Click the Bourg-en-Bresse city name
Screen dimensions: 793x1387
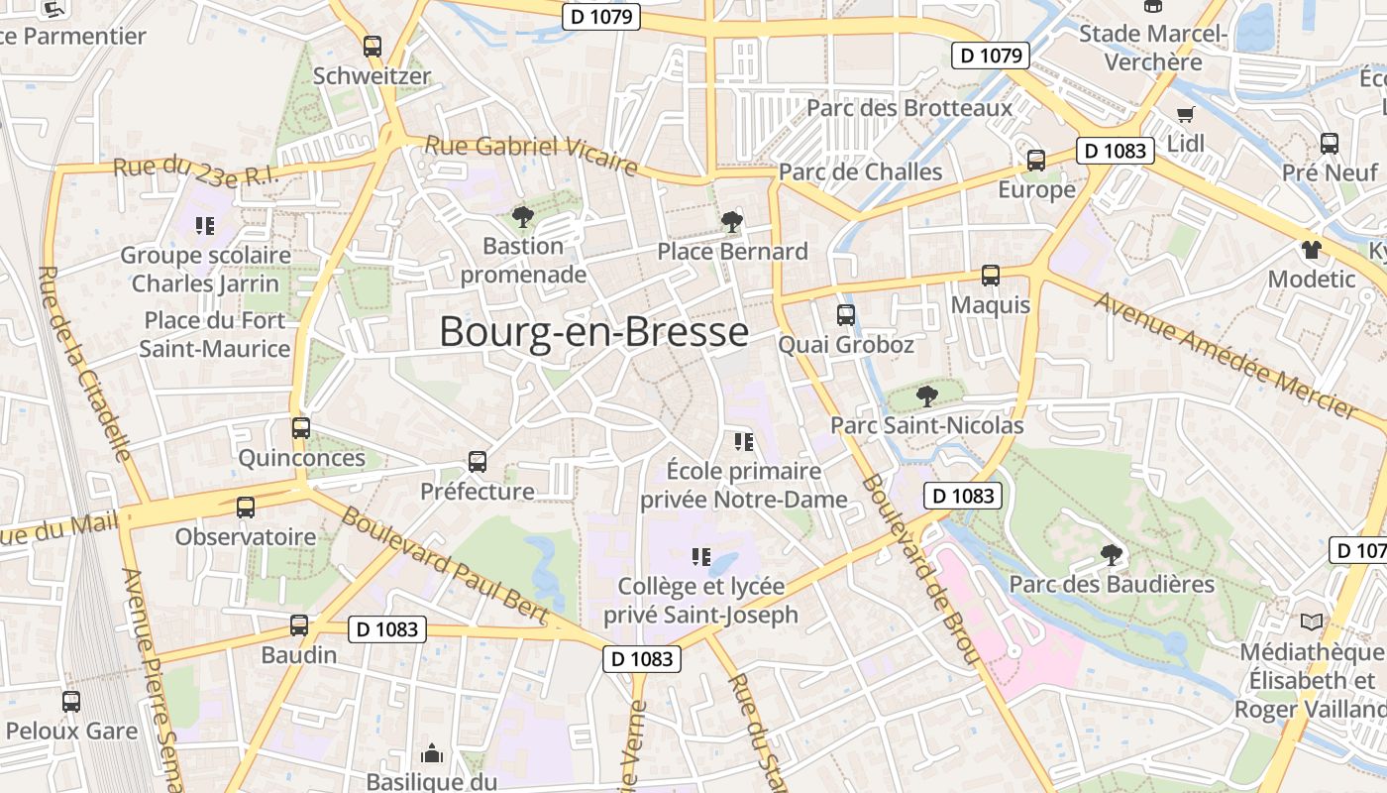click(x=593, y=331)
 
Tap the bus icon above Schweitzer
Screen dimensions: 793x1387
click(x=373, y=46)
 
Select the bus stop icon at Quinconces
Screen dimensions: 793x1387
click(x=301, y=428)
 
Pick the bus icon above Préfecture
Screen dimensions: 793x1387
click(x=478, y=462)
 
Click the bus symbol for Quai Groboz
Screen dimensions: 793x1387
click(x=846, y=315)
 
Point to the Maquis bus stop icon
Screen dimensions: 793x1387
click(x=991, y=276)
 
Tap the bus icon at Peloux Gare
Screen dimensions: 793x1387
click(x=71, y=702)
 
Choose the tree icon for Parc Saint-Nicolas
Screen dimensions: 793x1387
click(x=926, y=396)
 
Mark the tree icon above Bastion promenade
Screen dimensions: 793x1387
click(x=522, y=216)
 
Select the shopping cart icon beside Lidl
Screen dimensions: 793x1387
click(x=1185, y=114)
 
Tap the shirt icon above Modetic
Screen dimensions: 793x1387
click(x=1312, y=249)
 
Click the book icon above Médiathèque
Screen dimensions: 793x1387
click(x=1312, y=622)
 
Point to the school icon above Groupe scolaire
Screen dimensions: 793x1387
click(x=205, y=226)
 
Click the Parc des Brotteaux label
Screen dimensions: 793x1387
click(x=909, y=107)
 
